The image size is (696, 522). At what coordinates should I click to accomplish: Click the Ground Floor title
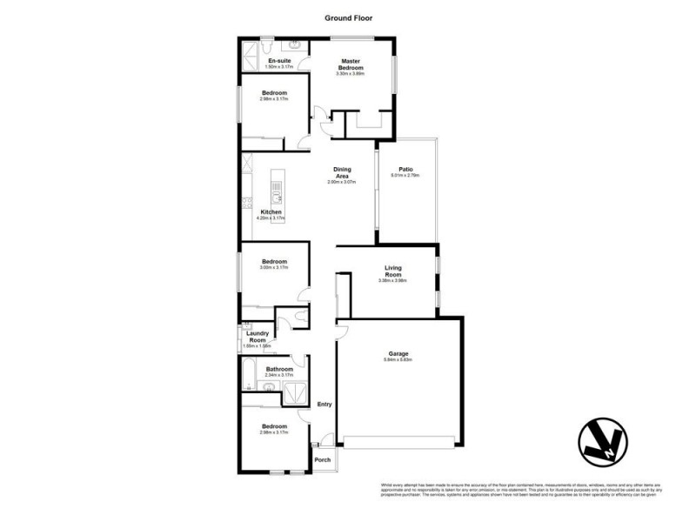[x=348, y=17]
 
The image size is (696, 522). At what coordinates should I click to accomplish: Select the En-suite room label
[x=279, y=60]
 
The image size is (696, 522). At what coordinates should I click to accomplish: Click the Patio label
[x=405, y=169]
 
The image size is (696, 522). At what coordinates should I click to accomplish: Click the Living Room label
[x=393, y=271]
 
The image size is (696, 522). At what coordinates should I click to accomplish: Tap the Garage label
[x=398, y=354]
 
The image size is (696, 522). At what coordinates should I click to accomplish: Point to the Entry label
[x=325, y=404]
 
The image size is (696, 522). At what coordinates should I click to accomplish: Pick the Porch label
[x=322, y=459]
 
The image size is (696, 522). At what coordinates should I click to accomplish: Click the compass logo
[x=602, y=443]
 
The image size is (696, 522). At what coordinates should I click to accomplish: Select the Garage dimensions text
[x=398, y=361]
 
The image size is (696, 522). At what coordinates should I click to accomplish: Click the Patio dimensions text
[x=405, y=176]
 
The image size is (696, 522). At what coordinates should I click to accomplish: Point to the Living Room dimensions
[x=393, y=281]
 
